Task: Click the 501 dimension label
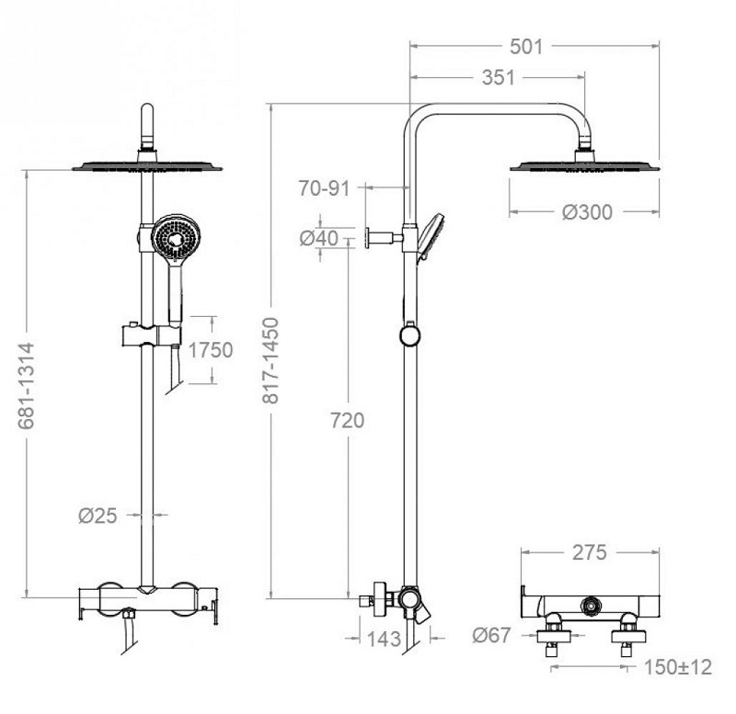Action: point(526,47)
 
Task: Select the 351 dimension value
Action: point(498,78)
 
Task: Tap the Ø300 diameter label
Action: point(587,212)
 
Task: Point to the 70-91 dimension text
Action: point(325,188)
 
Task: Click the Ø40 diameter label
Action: point(319,239)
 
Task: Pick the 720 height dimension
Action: point(348,421)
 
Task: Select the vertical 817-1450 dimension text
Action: point(270,360)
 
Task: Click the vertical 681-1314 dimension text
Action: point(27,386)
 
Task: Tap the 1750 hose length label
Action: point(211,350)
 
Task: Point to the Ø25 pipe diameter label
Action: point(98,516)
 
